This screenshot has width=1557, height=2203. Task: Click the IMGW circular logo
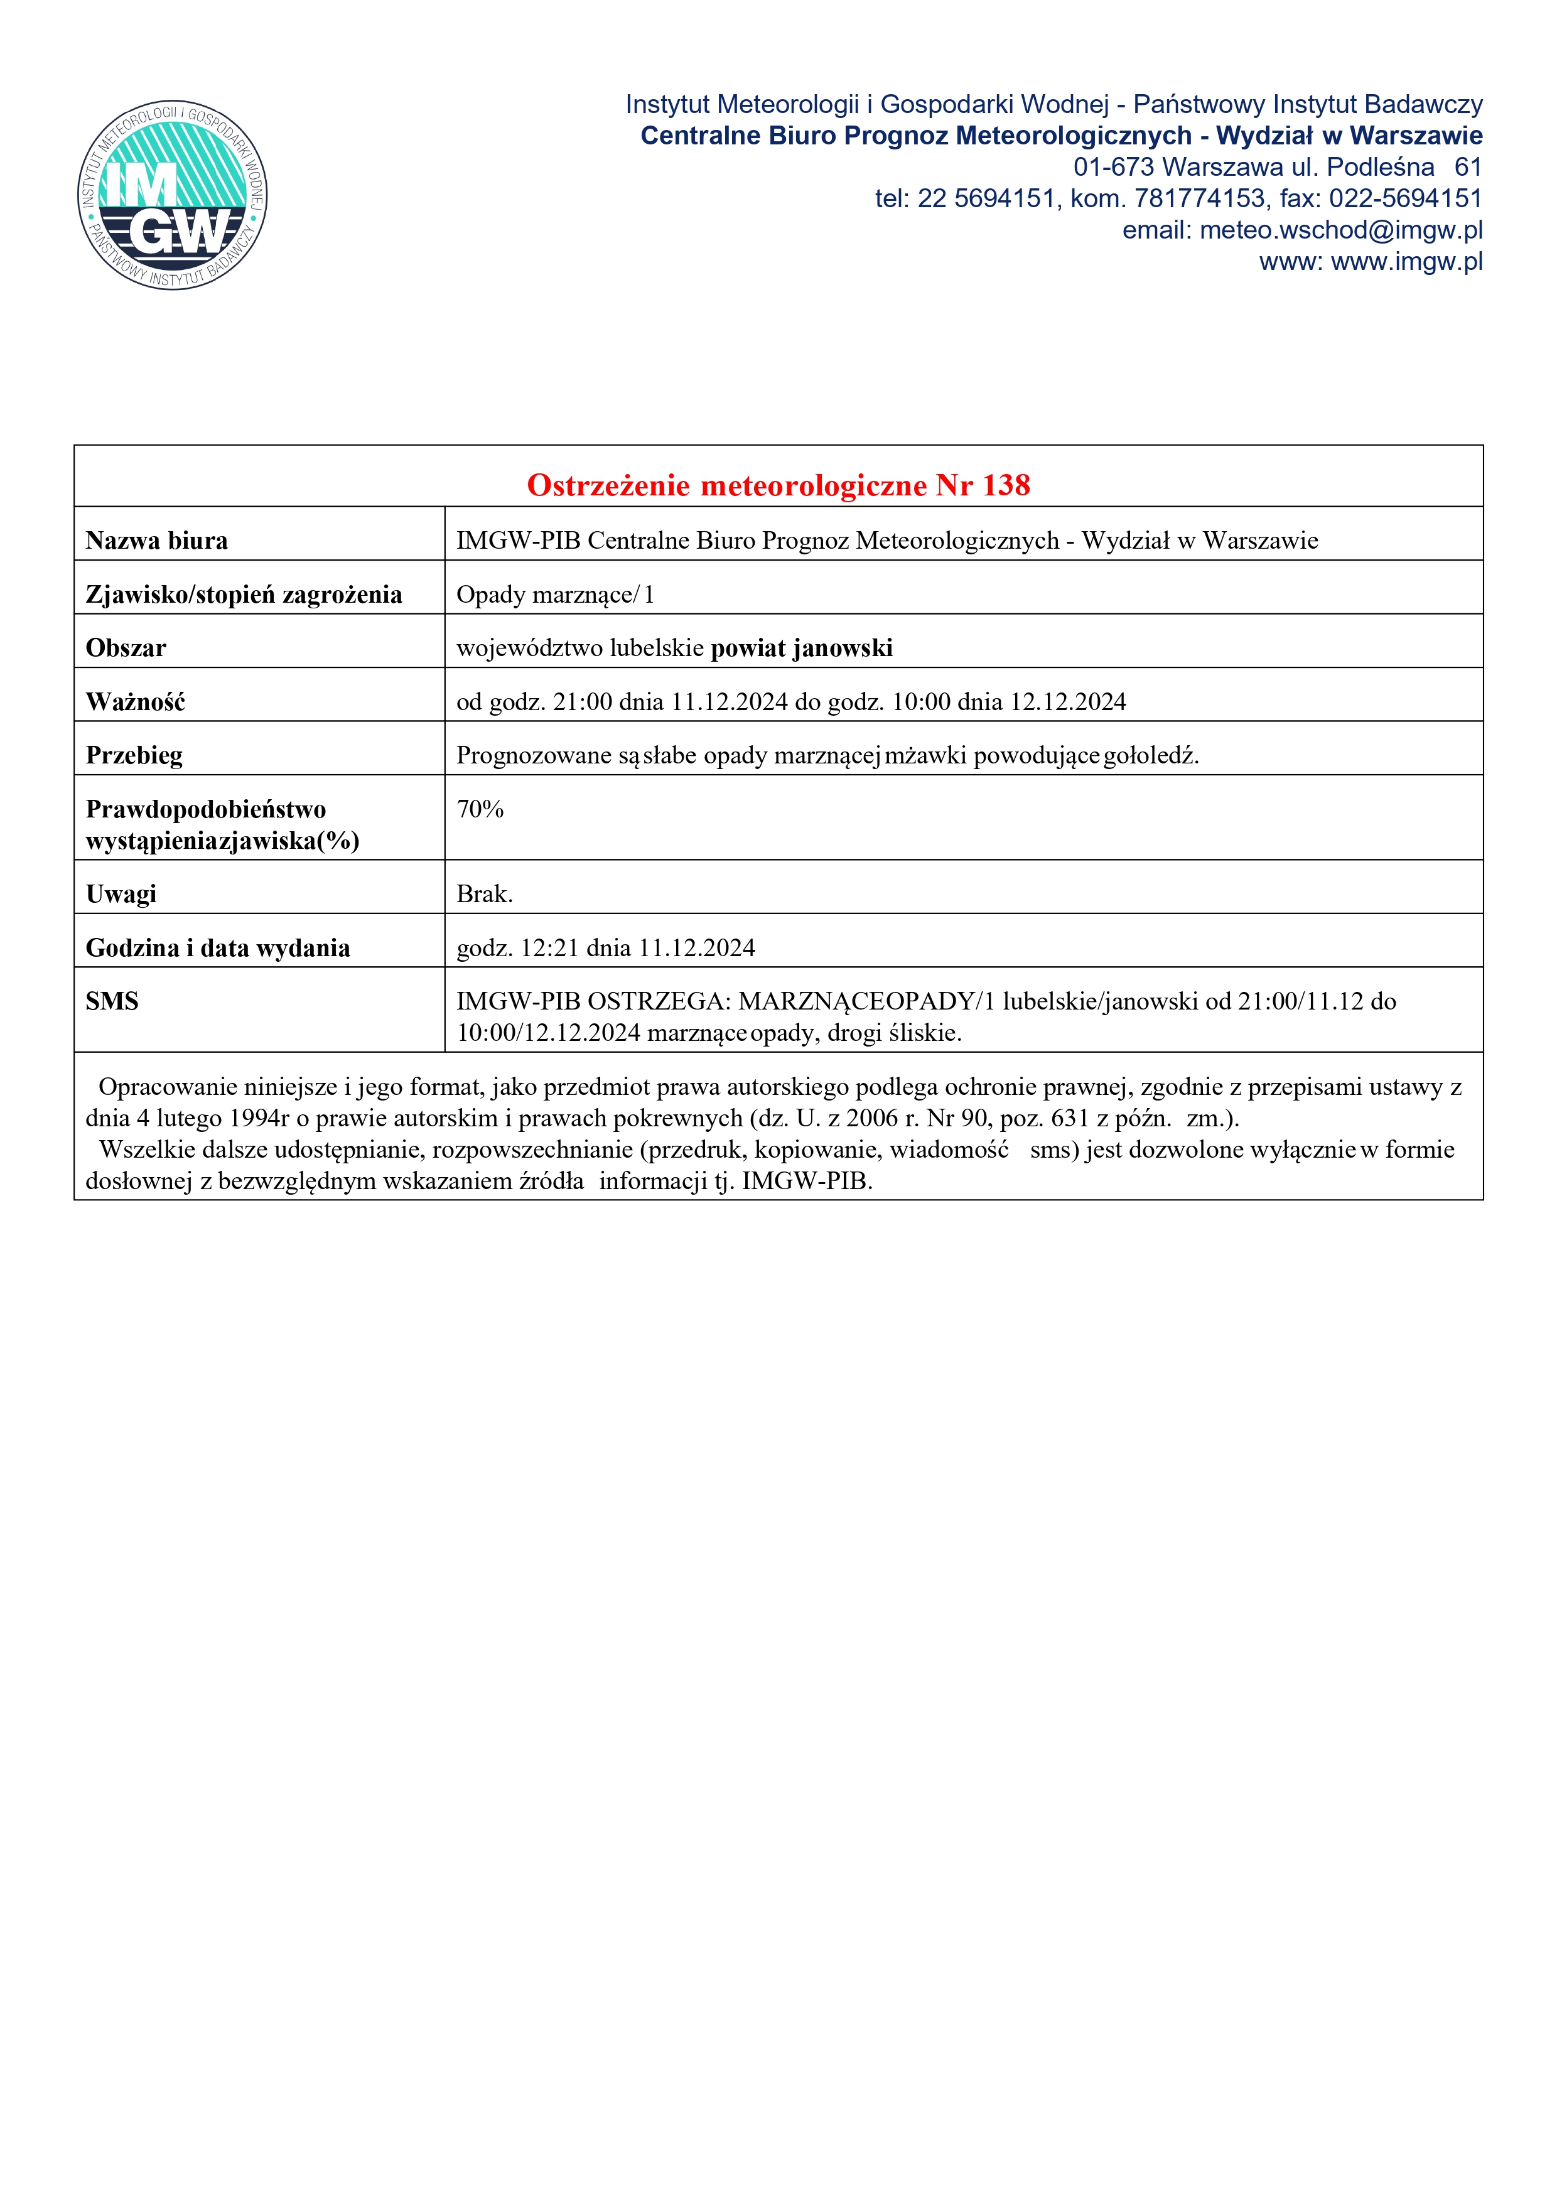point(173,196)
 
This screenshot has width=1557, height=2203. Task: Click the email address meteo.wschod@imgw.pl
point(1340,230)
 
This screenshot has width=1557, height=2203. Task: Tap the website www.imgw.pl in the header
point(1406,262)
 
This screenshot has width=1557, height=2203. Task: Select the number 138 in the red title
point(1006,485)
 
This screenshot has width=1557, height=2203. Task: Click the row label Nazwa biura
point(156,541)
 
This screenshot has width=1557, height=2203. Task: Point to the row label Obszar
point(126,649)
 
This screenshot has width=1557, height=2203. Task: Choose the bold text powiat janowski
point(801,649)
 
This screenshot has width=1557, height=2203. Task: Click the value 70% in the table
point(480,810)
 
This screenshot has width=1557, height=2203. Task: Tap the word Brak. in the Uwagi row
point(485,894)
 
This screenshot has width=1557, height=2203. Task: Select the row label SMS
point(112,1002)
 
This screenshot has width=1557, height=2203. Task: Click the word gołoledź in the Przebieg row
point(1150,756)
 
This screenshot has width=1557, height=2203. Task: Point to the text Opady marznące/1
point(554,595)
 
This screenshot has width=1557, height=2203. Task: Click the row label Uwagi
point(121,894)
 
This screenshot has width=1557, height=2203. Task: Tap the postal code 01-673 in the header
point(1113,167)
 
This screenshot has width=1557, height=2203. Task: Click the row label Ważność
point(135,703)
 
